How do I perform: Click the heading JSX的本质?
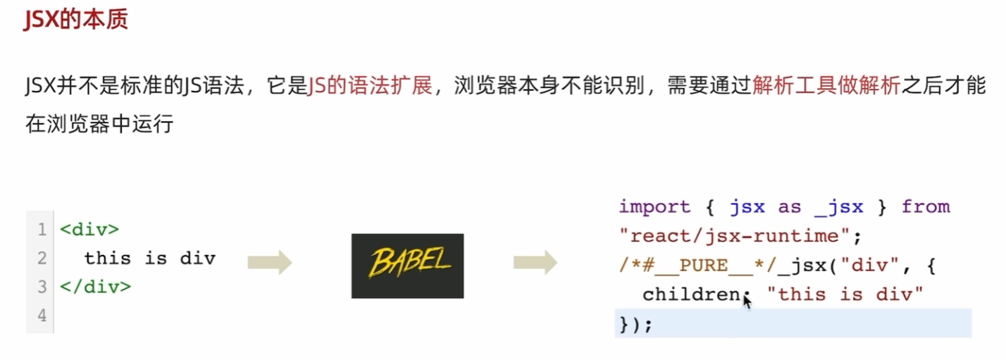click(x=76, y=19)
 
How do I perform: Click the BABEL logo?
click(x=407, y=266)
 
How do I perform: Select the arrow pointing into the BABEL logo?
click(x=269, y=262)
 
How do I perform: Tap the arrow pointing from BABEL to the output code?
click(x=535, y=262)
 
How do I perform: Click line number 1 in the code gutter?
click(x=42, y=230)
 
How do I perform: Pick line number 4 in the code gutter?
click(x=42, y=316)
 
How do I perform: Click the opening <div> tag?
click(x=89, y=230)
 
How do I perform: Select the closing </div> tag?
click(x=95, y=287)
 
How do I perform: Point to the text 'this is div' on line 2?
click(x=149, y=259)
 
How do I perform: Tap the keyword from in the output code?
click(x=926, y=207)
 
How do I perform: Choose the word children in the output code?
click(x=690, y=294)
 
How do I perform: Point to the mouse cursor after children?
click(x=747, y=301)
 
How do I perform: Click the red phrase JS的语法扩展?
click(x=370, y=88)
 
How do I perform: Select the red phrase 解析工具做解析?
click(x=826, y=88)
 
